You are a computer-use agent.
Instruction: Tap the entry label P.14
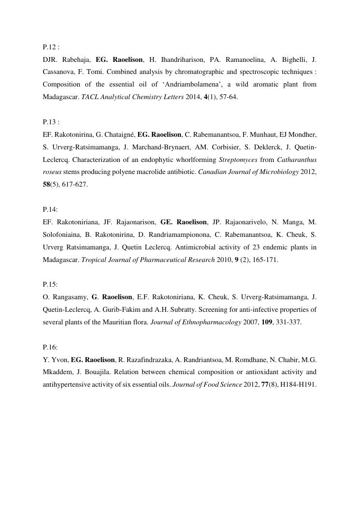[x=50, y=209]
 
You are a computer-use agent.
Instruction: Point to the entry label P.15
[x=50, y=284]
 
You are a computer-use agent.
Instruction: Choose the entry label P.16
[x=50, y=347]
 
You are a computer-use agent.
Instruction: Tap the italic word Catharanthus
[x=297, y=160]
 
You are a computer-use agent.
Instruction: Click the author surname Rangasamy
[x=69, y=297]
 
